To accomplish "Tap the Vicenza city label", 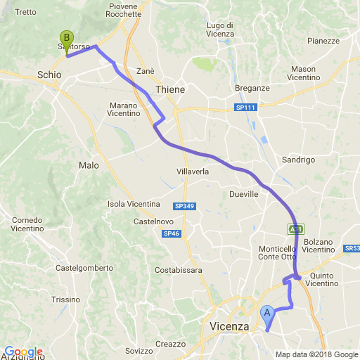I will click(x=229, y=326).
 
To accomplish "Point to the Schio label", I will click(x=49, y=73).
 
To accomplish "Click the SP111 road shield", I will click(x=245, y=107).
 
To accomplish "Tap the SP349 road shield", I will click(x=184, y=206).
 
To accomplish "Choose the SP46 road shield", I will click(x=172, y=233).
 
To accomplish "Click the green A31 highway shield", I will click(x=295, y=229).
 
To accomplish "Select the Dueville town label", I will click(x=244, y=194).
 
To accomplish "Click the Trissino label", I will click(x=66, y=299).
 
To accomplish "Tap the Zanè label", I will click(x=146, y=71).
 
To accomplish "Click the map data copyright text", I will click(x=316, y=354).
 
